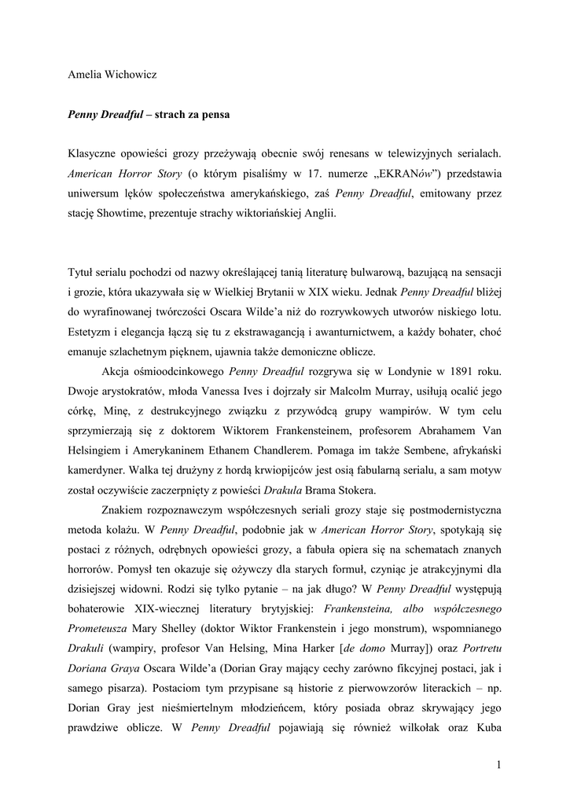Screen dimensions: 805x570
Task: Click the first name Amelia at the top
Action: [85, 75]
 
